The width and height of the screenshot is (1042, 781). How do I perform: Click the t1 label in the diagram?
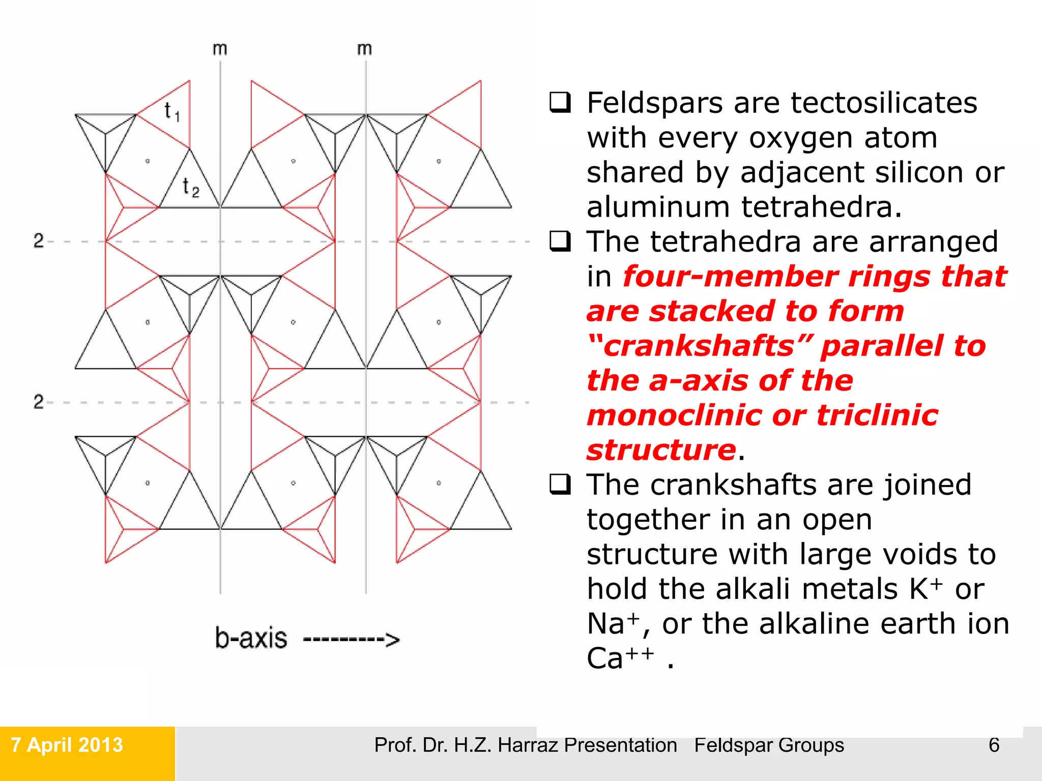(172, 111)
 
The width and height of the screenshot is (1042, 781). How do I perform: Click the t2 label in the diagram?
(191, 187)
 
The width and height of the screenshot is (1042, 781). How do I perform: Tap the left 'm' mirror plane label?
(220, 49)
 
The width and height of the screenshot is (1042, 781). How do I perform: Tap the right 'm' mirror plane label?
(364, 49)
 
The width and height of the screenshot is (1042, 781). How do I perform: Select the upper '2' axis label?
(39, 241)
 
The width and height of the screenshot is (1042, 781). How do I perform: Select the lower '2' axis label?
(39, 402)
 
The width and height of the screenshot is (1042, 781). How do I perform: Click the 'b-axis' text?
(251, 638)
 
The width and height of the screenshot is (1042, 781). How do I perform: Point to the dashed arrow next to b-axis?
(351, 640)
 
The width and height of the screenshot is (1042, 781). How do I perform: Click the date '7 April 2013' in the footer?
(67, 745)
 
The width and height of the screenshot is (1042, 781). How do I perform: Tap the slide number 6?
(994, 745)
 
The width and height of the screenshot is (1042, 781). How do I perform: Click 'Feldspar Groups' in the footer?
(769, 745)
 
